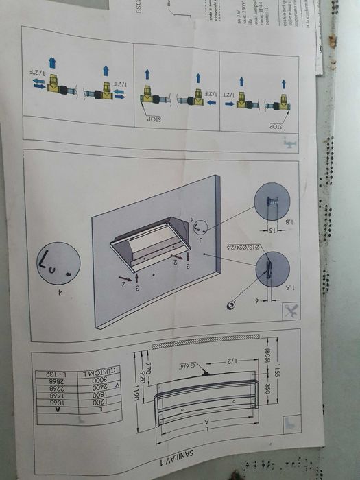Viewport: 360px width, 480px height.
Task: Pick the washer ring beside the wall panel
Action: (234, 302)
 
